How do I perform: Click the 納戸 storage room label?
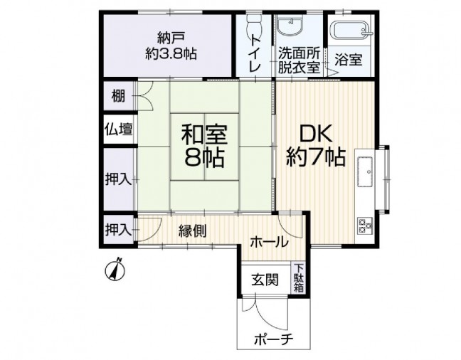(x=171, y=46)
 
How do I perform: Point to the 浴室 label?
(x=349, y=60)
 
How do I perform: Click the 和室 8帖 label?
(x=204, y=146)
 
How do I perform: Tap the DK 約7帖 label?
(x=315, y=146)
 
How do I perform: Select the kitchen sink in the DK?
(x=365, y=171)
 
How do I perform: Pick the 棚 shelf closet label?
(x=118, y=96)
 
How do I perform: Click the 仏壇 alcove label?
(x=119, y=129)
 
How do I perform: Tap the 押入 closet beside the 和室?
(x=119, y=179)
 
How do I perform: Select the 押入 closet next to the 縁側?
(x=119, y=230)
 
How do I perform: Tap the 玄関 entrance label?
(x=265, y=280)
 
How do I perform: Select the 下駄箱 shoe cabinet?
(x=299, y=278)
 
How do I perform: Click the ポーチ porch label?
(x=273, y=340)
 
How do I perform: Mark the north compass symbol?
(x=115, y=270)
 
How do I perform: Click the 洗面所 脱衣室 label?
(x=298, y=60)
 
